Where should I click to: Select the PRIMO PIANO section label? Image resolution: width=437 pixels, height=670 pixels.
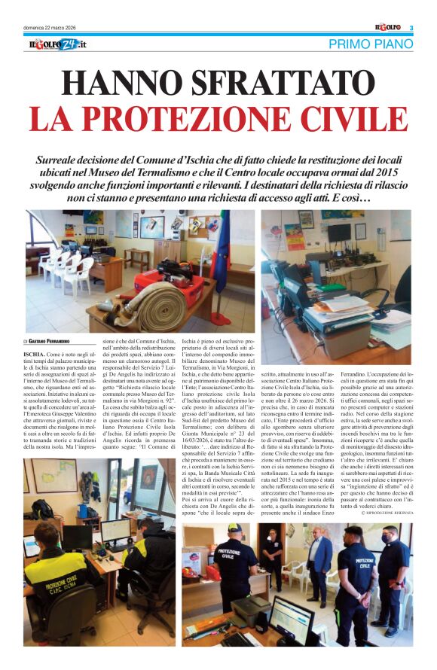coord(371,45)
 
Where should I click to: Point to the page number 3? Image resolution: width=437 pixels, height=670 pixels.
coord(411,29)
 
